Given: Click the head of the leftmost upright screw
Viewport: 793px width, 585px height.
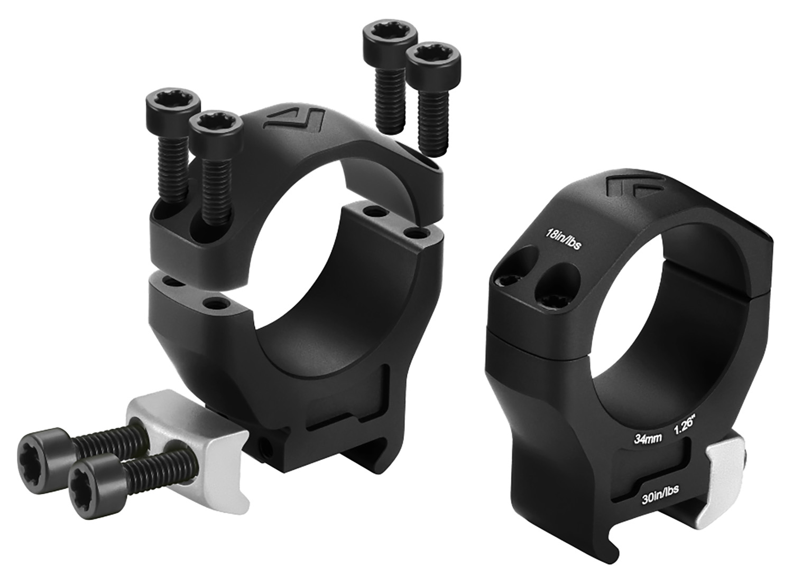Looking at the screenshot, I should [173, 103].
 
